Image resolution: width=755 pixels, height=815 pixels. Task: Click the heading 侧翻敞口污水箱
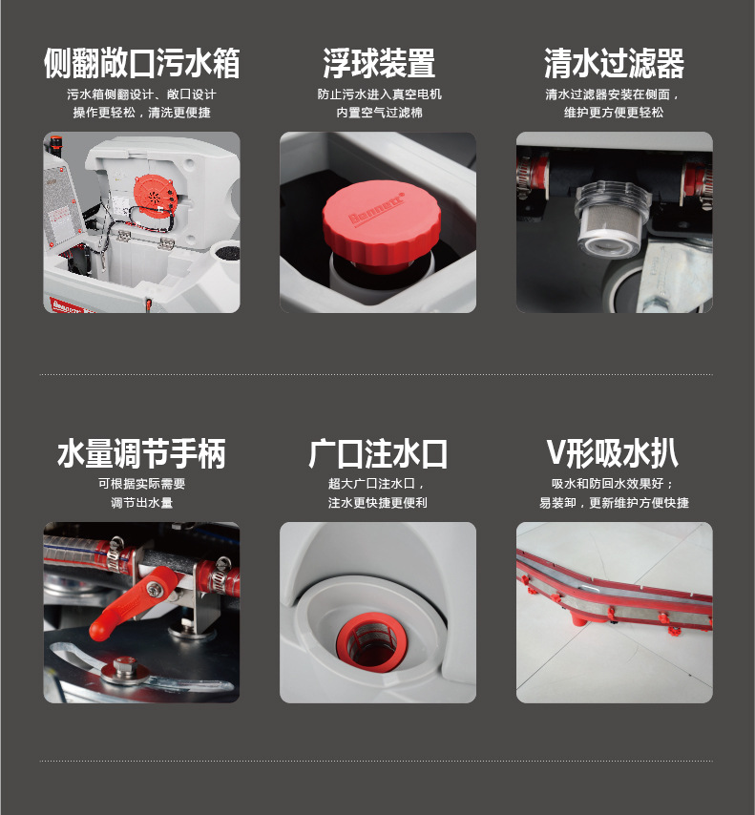(x=141, y=63)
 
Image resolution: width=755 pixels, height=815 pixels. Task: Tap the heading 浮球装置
(x=379, y=63)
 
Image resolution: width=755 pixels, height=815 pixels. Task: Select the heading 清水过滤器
(x=614, y=63)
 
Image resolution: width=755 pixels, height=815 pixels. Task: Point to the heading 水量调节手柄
(x=141, y=453)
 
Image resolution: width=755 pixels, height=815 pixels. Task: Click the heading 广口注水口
(x=378, y=453)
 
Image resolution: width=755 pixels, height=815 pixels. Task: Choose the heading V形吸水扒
(x=613, y=453)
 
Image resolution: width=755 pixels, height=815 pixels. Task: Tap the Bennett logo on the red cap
(x=377, y=209)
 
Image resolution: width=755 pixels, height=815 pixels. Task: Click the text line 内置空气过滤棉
(x=379, y=113)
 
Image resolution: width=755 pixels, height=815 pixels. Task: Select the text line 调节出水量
(x=141, y=503)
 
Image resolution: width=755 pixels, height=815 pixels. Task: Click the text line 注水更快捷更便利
(x=378, y=503)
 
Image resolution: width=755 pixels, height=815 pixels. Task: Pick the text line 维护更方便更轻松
(x=614, y=113)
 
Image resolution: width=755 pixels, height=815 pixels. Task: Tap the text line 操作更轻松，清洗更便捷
(x=141, y=113)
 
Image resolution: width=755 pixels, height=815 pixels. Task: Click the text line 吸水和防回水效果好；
(x=613, y=484)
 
